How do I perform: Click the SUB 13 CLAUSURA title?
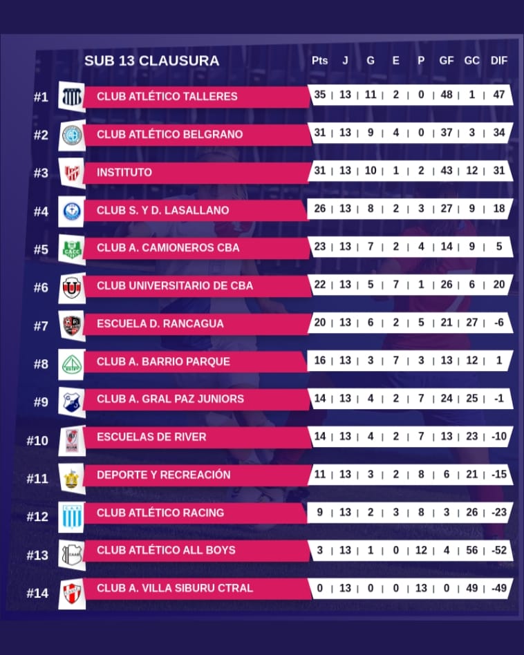[151, 61]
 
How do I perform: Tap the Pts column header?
[319, 61]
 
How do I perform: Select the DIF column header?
[498, 61]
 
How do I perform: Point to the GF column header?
[447, 61]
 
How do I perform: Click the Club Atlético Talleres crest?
[72, 97]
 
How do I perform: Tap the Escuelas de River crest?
[72, 438]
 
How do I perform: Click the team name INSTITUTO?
[124, 172]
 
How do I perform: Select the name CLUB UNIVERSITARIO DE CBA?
[175, 285]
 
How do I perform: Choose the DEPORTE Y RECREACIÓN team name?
[163, 475]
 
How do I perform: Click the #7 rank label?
[41, 325]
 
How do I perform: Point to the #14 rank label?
[37, 593]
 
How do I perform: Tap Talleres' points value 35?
[319, 95]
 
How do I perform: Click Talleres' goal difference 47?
[498, 95]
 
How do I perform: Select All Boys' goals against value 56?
[471, 550]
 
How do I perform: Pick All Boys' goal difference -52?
[498, 550]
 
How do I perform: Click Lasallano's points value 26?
[319, 209]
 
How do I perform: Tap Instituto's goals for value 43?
[447, 171]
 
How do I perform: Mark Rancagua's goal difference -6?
[498, 323]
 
